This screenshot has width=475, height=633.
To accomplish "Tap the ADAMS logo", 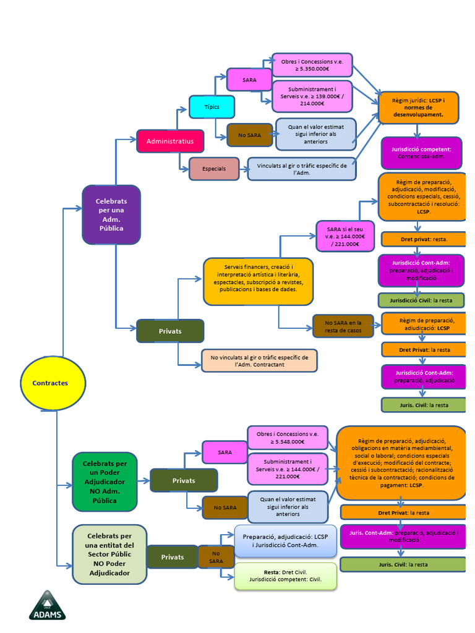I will [47, 605].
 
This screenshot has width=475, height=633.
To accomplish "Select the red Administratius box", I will [170, 141].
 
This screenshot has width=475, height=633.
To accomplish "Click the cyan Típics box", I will [212, 107].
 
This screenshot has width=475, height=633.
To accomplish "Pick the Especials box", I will [214, 168].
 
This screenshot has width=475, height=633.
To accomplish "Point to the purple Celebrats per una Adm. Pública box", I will [111, 215].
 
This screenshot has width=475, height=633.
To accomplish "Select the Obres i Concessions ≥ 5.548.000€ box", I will [288, 438].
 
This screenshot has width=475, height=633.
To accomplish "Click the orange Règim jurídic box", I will [418, 107].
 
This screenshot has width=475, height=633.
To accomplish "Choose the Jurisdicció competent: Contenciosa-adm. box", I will [422, 153].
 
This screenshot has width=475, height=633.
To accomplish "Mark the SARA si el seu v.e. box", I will [345, 236].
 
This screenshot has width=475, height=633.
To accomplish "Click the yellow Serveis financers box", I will [258, 281].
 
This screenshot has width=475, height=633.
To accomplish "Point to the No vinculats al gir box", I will [259, 361].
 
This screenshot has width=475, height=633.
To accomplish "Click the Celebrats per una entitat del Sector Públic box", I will [109, 554].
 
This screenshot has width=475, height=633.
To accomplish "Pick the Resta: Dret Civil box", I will [286, 576].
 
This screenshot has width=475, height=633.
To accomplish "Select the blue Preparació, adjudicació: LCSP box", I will [285, 540].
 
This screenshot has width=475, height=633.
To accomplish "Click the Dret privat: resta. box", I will [423, 239].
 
